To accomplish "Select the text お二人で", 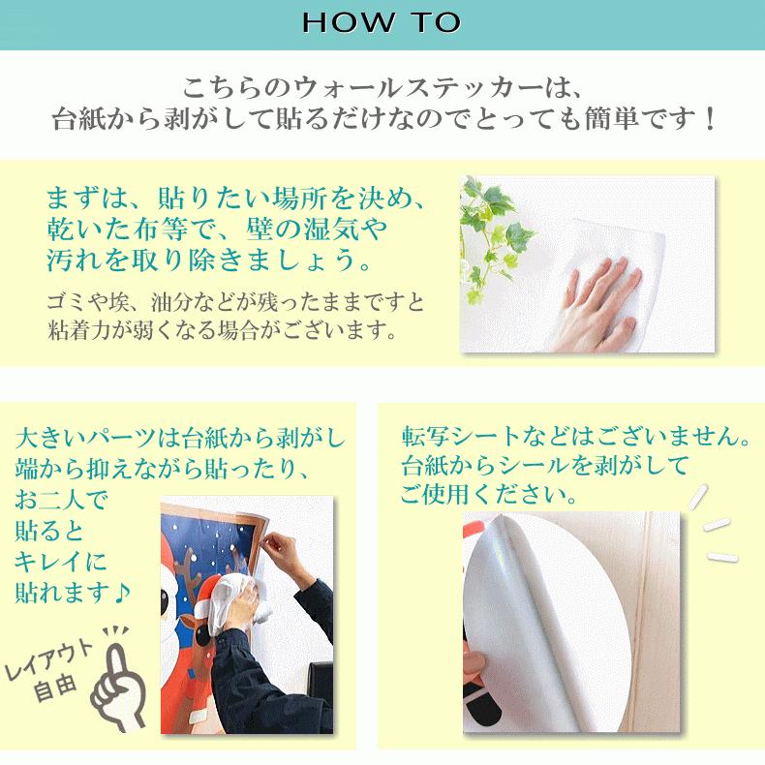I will (64, 500).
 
